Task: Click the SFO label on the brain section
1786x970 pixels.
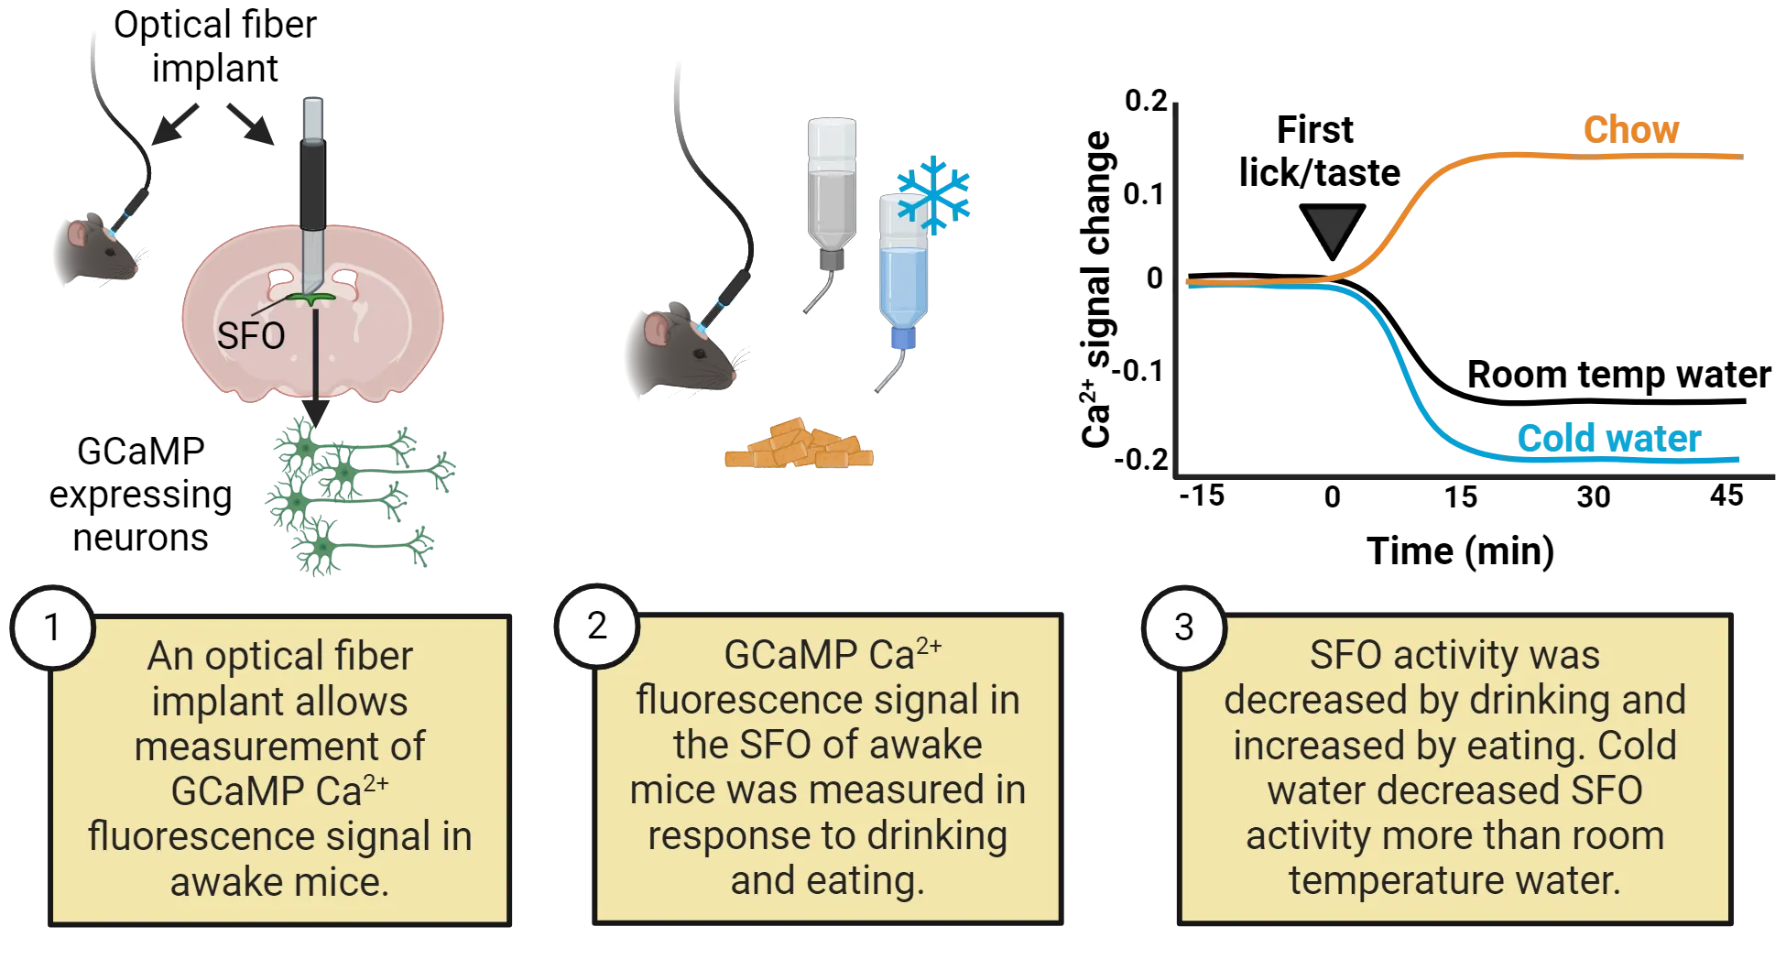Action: (251, 336)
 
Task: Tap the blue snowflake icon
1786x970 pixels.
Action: (933, 194)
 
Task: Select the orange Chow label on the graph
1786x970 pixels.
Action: (1632, 129)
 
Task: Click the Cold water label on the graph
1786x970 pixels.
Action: (1608, 439)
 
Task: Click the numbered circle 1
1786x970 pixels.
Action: (52, 628)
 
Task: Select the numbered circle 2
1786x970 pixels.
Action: (597, 627)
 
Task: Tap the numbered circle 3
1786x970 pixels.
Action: (1184, 628)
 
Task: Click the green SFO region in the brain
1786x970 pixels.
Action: (312, 299)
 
